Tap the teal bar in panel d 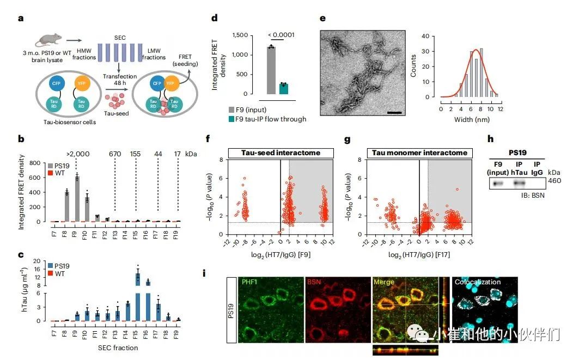(283, 89)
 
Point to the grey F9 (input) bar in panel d (271, 71)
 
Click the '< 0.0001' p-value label (281, 35)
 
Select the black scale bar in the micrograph (396, 113)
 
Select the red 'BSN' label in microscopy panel (314, 282)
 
